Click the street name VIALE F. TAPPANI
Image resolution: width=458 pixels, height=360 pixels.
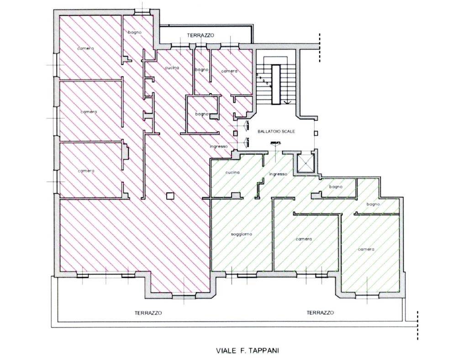247,350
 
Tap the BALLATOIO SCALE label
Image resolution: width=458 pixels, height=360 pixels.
276,132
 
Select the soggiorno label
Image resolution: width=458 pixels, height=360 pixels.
241,234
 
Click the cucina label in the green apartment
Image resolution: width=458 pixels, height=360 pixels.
232,172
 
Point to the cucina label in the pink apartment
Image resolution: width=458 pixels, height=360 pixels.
172,68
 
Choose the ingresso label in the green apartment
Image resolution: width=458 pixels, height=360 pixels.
278,174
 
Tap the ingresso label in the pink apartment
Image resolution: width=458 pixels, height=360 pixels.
218,146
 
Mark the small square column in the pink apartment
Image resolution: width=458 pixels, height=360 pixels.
170,196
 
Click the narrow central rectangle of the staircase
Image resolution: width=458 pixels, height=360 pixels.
276,85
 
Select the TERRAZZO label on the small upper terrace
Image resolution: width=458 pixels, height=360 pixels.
200,35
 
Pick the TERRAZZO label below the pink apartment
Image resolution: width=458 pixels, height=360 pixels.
148,313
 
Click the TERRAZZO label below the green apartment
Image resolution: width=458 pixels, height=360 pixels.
320,312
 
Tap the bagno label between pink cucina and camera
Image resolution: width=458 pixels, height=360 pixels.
202,70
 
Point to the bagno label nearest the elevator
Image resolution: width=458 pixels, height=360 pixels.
336,187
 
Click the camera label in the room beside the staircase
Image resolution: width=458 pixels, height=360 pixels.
229,71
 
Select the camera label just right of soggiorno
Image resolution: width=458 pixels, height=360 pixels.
304,239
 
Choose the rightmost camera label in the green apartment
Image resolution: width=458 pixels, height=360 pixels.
366,249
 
